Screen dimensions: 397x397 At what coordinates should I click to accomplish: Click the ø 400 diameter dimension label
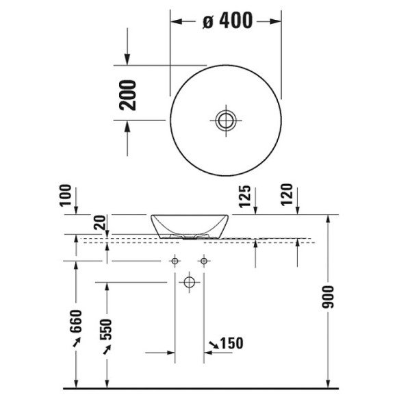[x=228, y=21]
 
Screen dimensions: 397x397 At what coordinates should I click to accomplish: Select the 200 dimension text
[x=129, y=95]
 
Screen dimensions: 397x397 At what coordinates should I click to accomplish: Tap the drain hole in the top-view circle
[x=225, y=120]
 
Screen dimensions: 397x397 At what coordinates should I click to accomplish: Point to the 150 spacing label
[x=231, y=343]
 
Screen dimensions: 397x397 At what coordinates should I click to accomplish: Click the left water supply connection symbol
[x=175, y=261]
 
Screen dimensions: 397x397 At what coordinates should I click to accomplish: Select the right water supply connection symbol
[x=203, y=261]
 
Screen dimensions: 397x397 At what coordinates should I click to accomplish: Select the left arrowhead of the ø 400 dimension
[x=175, y=21]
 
